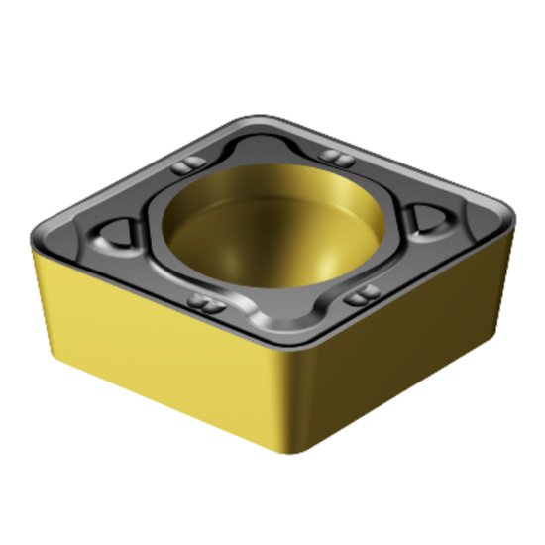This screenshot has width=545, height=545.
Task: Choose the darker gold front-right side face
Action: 406,327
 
